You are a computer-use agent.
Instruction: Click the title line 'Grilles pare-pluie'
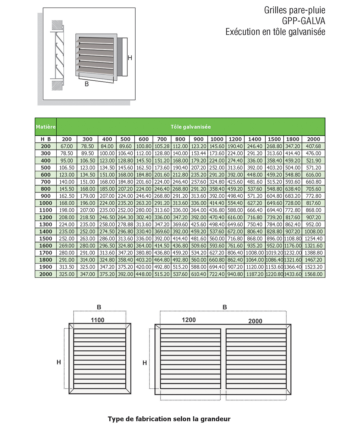(294, 10)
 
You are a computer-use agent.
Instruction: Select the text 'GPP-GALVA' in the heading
(303, 21)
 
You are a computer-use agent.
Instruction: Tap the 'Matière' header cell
(46, 127)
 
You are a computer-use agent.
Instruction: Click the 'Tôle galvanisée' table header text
(191, 127)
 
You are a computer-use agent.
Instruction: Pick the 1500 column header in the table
(274, 139)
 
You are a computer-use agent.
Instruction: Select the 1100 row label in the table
(46, 210)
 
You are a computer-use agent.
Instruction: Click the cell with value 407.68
(313, 146)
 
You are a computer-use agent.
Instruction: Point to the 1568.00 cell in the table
(313, 274)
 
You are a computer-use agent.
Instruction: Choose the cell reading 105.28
(162, 146)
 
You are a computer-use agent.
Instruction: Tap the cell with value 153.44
(198, 154)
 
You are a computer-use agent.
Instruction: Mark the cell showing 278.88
(125, 224)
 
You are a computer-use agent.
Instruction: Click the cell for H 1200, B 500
(125, 217)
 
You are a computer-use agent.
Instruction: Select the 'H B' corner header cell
(46, 139)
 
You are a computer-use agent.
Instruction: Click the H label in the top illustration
(130, 58)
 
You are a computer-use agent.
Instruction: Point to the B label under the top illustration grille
(87, 84)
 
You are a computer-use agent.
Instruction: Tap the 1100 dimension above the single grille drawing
(98, 320)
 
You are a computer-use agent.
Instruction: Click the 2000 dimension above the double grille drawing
(255, 321)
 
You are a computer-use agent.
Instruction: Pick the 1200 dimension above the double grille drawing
(189, 320)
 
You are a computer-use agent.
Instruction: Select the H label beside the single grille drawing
(59, 362)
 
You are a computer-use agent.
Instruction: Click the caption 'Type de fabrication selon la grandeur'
(169, 419)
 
